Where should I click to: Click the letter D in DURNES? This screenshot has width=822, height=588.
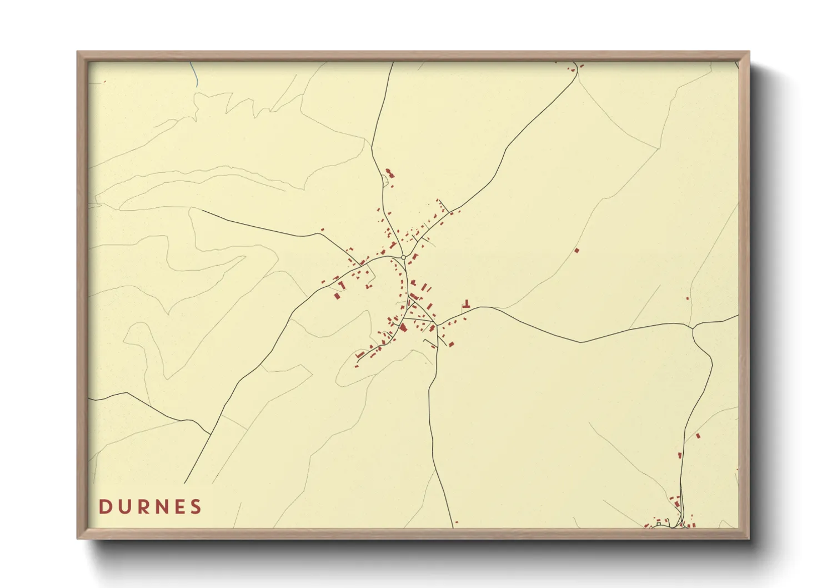(104, 507)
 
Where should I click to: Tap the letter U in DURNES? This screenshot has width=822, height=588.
(124, 507)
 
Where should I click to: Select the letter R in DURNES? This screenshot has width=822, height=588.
(144, 507)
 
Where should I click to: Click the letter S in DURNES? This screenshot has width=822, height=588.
(196, 507)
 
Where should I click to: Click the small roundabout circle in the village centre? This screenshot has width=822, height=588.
(403, 257)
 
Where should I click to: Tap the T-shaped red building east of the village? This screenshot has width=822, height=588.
(467, 305)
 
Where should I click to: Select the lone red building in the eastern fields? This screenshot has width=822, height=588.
(577, 251)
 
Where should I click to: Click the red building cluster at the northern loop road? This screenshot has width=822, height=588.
(389, 174)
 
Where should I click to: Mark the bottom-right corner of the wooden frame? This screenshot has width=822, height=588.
(749, 538)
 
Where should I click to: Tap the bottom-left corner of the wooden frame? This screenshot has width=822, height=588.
(78, 538)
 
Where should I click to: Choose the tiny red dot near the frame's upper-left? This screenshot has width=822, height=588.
(104, 82)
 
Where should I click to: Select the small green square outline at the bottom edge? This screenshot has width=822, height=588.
(658, 523)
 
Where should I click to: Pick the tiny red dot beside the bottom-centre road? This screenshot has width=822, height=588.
(457, 522)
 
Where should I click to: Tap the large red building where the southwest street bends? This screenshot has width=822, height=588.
(404, 328)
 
